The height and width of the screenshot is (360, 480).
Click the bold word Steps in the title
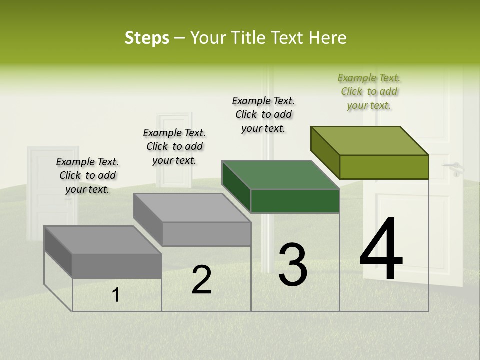click(x=147, y=38)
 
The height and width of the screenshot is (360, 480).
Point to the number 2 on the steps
click(x=202, y=280)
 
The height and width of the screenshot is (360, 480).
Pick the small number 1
click(x=116, y=295)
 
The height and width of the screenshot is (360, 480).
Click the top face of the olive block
click(x=370, y=140)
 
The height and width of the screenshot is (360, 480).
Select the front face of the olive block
click(x=384, y=167)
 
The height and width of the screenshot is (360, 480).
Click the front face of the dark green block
click(x=295, y=201)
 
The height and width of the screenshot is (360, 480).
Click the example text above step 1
click(x=87, y=175)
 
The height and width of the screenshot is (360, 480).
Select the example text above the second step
click(x=174, y=146)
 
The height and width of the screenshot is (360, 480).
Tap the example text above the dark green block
click(x=263, y=114)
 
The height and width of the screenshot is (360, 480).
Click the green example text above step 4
click(x=369, y=91)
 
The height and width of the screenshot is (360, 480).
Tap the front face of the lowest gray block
click(x=117, y=266)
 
